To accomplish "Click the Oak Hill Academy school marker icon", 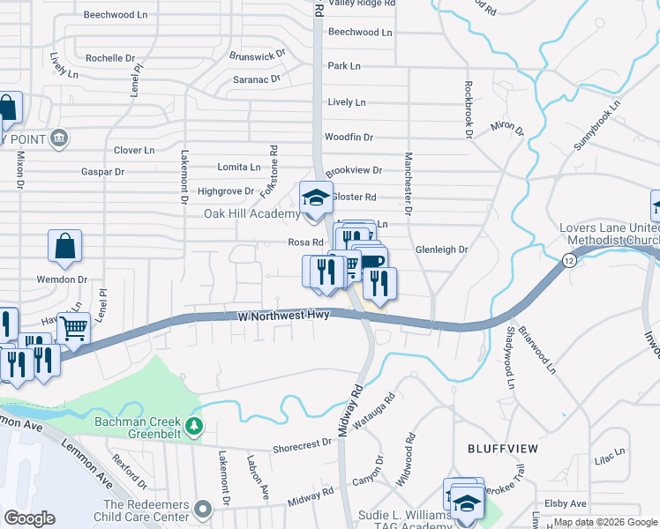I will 315,197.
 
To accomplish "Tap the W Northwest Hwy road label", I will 283,316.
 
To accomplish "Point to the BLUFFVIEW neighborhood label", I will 503,449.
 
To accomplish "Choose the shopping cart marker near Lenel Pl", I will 73,330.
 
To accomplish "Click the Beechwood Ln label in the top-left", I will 114,15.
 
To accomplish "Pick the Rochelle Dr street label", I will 110,58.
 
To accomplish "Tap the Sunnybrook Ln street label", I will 597,129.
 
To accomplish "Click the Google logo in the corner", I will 29,518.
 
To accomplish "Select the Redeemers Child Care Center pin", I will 205,509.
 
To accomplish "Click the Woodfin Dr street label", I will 349,138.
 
